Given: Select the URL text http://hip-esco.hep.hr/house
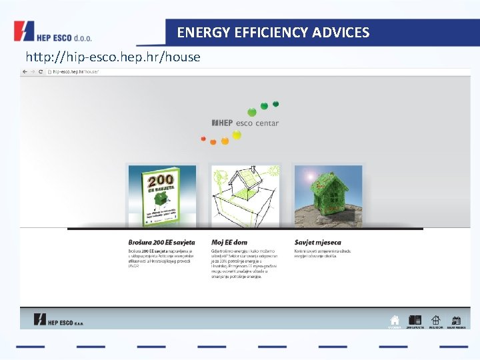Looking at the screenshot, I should click(x=113, y=57).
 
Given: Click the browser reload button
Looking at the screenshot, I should click(x=41, y=71).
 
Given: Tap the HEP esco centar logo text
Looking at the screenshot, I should click(x=245, y=123).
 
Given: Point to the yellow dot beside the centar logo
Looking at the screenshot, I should click(x=236, y=135).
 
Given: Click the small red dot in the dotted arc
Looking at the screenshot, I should click(x=203, y=139).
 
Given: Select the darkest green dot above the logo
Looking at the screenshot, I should click(x=276, y=104).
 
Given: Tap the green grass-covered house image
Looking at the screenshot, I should click(x=328, y=195).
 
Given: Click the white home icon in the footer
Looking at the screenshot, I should click(x=395, y=320).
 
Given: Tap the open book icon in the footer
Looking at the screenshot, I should click(x=415, y=320).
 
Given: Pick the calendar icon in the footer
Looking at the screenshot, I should click(x=456, y=320).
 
